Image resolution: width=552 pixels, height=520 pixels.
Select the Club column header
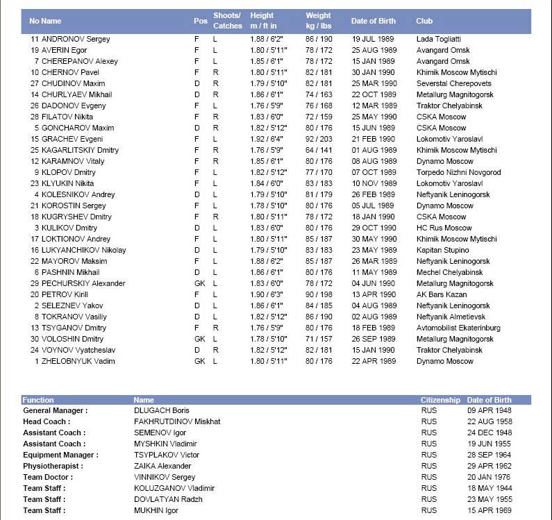[x=424, y=21]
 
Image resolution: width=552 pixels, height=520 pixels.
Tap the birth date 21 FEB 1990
[x=374, y=139]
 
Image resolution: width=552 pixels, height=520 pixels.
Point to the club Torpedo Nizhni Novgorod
[x=458, y=172]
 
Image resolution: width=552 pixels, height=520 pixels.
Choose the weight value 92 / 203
[x=320, y=139]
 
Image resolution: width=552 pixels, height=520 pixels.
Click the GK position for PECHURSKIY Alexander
[x=200, y=283]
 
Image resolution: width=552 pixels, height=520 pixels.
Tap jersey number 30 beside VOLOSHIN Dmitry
[x=35, y=339]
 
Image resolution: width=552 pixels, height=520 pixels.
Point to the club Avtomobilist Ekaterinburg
[x=458, y=328]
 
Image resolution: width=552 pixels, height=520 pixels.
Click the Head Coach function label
[x=47, y=421]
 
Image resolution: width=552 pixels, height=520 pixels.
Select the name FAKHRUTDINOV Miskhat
[x=177, y=421]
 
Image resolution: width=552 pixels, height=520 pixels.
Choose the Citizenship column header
[x=440, y=400]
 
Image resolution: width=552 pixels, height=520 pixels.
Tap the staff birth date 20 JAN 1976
[x=490, y=477]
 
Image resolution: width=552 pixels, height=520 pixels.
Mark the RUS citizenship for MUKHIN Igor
[x=429, y=510]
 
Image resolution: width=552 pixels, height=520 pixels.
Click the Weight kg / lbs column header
[x=319, y=21]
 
